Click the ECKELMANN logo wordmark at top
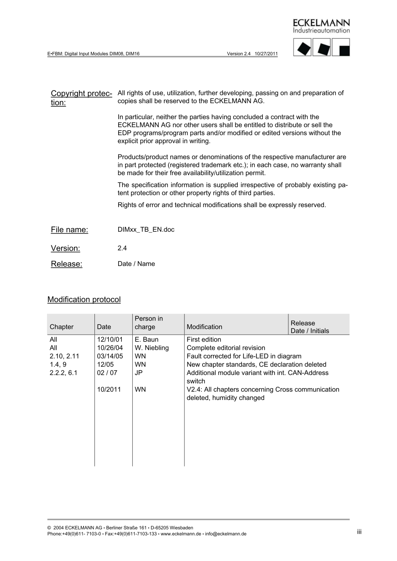pos(321,23)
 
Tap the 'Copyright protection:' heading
pos(82,98)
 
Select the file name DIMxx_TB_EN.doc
pos(146,229)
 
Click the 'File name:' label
pos(69,230)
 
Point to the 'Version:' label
pos(66,249)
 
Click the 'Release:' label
pos(67,264)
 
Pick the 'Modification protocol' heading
pos(84,300)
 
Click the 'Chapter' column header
pos(62,327)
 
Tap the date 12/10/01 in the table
pos(110,340)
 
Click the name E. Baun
pos(147,340)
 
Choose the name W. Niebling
pos(152,348)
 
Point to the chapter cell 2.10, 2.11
pos(64,356)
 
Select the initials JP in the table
pos(139,373)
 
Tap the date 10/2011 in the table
pos(109,390)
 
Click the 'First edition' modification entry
pos(204,340)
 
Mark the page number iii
pos(360,532)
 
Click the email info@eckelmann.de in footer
pos(226,534)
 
